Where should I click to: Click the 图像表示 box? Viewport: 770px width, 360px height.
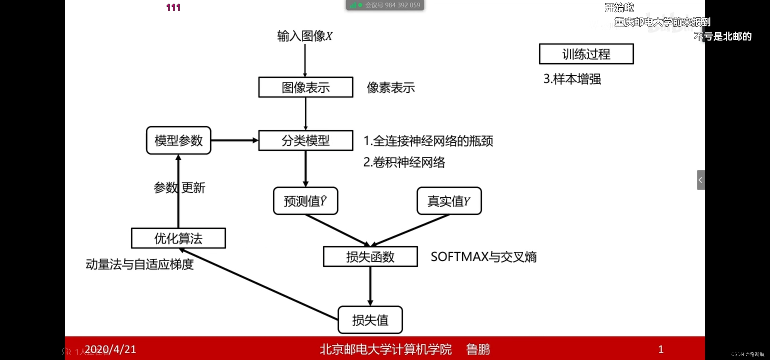[305, 87]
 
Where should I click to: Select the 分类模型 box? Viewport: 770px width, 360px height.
[305, 141]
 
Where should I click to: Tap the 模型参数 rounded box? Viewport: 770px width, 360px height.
[178, 140]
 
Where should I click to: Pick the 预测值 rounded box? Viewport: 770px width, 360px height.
[305, 201]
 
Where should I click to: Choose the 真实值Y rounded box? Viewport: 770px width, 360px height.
[449, 201]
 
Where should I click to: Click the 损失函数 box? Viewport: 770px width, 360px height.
[370, 257]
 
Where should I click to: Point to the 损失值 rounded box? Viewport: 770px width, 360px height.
[370, 320]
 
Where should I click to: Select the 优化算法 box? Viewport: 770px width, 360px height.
[178, 238]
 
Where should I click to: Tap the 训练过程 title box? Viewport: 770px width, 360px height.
[586, 54]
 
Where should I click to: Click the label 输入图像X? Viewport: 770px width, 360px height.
[305, 36]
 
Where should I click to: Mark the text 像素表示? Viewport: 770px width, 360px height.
[391, 88]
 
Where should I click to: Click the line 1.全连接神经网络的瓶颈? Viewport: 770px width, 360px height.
[428, 141]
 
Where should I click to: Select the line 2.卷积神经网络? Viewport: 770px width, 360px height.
[404, 162]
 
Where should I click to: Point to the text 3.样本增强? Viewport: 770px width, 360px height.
[572, 79]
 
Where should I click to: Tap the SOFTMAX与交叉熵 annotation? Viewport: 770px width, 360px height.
[483, 257]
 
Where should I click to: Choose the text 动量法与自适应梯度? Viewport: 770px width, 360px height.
[140, 264]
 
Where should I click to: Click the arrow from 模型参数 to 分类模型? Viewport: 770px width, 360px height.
[235, 140]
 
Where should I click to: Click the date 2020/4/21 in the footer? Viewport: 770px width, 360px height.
[110, 349]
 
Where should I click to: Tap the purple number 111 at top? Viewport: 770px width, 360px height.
[173, 7]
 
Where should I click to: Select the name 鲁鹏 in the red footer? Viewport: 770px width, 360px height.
[478, 349]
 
